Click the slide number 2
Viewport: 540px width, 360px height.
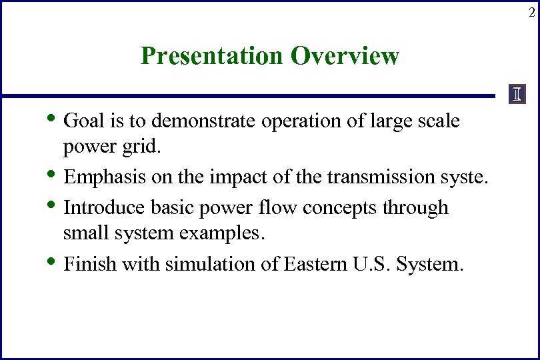click(531, 12)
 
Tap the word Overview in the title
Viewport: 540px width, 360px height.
click(345, 56)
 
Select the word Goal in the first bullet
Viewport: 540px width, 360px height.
click(80, 121)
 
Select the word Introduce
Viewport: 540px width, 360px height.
click(97, 207)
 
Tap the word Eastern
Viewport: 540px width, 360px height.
click(313, 264)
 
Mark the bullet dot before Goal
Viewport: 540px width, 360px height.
click(53, 119)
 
